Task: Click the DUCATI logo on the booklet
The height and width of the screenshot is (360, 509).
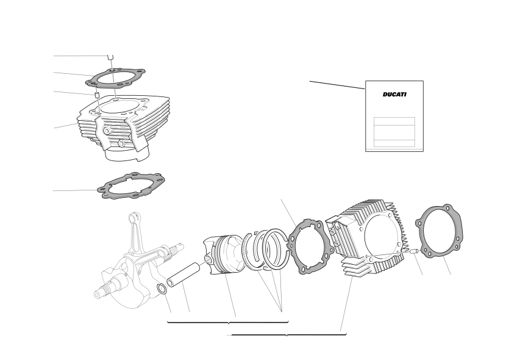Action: [394, 95]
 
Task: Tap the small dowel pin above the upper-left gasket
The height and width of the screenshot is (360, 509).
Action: [111, 57]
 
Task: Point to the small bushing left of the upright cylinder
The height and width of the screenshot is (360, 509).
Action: [96, 95]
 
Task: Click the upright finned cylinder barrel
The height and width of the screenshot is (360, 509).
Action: [123, 128]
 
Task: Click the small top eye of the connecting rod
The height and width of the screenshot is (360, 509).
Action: [134, 217]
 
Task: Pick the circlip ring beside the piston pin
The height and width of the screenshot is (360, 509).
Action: [162, 289]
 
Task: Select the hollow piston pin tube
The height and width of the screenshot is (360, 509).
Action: [183, 275]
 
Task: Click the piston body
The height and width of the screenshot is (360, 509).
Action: [224, 254]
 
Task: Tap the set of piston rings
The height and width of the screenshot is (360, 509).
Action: [267, 249]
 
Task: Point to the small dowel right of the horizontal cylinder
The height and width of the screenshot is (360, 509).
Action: [415, 251]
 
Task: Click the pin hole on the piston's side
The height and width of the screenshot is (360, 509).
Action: [208, 259]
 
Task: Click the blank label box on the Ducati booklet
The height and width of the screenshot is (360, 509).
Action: [394, 132]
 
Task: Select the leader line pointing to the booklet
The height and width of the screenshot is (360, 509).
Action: [337, 85]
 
